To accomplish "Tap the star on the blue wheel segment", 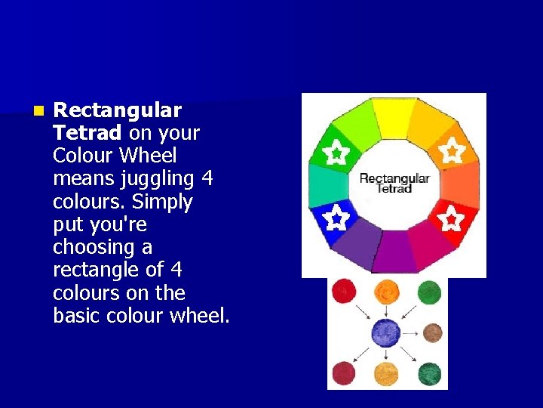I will pyautogui.click(x=336, y=219).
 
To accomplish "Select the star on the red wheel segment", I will pyautogui.click(x=451, y=219).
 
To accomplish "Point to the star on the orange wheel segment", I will pyautogui.click(x=451, y=152).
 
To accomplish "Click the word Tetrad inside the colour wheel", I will pyautogui.click(x=394, y=189).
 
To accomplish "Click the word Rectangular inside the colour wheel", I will pyautogui.click(x=394, y=178).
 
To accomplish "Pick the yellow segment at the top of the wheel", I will pyautogui.click(x=394, y=118).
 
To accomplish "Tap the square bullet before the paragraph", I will pyautogui.click(x=38, y=111).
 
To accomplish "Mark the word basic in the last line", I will pyautogui.click(x=78, y=315).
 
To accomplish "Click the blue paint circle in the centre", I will pyautogui.click(x=386, y=332).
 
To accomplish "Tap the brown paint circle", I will pyautogui.click(x=432, y=332).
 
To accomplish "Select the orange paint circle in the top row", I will pyautogui.click(x=387, y=290).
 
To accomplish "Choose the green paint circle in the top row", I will pyautogui.click(x=428, y=292).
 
